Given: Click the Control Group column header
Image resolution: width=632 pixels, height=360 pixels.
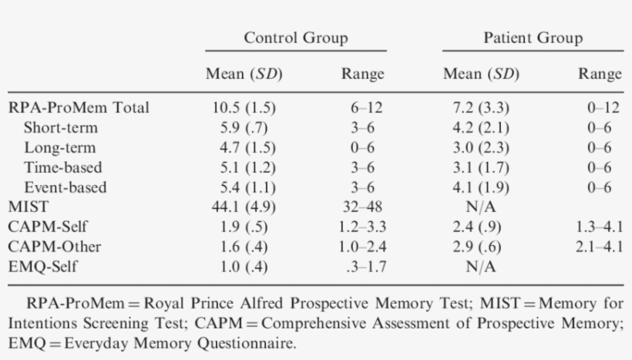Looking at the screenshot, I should click(x=295, y=38).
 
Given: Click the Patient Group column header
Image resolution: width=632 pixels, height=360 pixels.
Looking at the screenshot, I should click(x=533, y=38).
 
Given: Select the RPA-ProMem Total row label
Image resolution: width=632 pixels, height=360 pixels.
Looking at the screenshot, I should click(x=78, y=106).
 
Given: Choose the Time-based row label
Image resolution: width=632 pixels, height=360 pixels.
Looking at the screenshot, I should click(x=62, y=167).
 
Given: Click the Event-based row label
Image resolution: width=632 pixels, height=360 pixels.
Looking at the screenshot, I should click(x=65, y=187).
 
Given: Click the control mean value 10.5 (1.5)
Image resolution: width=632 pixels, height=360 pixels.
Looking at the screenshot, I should click(x=244, y=106).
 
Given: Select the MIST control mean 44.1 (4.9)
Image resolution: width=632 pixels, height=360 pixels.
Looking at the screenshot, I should click(x=244, y=207).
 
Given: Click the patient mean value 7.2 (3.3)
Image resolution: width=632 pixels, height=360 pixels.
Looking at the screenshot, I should click(x=480, y=106).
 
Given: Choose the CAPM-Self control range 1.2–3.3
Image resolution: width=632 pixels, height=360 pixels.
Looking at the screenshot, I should click(x=362, y=227).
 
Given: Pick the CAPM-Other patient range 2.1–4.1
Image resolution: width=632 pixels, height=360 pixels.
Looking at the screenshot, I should click(x=599, y=247).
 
